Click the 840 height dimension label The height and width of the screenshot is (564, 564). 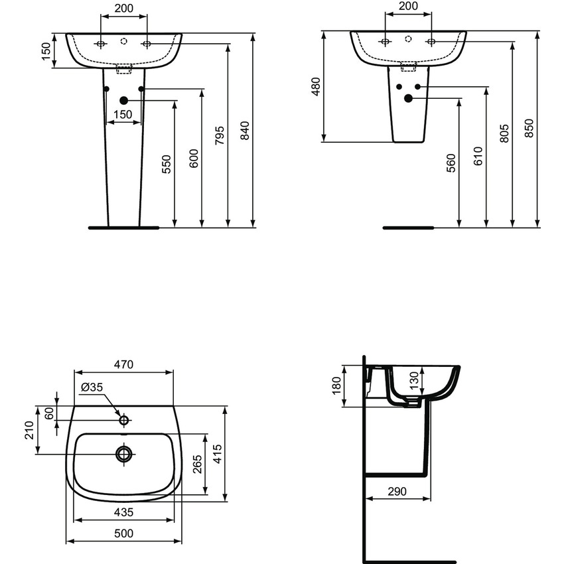click(x=244, y=131)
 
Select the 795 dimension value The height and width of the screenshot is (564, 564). click(x=219, y=134)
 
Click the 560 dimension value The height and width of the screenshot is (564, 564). click(x=451, y=163)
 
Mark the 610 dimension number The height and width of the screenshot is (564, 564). click(x=478, y=156)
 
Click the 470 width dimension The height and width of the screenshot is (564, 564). click(x=123, y=364)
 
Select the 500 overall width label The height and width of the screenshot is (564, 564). click(x=123, y=533)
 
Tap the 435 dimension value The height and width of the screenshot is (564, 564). click(x=123, y=512)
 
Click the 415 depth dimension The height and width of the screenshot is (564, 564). click(x=216, y=454)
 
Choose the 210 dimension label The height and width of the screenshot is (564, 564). click(x=29, y=431)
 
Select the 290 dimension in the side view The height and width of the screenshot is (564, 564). click(x=397, y=492)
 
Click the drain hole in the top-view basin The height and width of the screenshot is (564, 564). click(x=123, y=454)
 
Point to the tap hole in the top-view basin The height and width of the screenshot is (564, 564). click(x=123, y=419)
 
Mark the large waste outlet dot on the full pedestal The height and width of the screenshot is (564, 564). click(x=123, y=100)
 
